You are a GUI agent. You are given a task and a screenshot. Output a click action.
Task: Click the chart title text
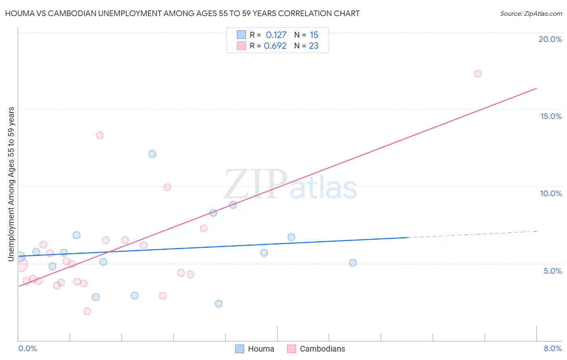tap(182, 13)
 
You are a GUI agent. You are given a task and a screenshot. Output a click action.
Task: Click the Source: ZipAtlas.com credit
tap(531, 13)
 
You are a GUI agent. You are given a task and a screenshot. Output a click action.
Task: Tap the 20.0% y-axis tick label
tap(550, 39)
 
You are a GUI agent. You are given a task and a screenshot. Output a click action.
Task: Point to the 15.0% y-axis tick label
tap(551, 116)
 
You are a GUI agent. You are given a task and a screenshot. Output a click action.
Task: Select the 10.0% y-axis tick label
tap(551, 193)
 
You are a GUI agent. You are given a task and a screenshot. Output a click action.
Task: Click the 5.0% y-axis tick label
tap(552, 271)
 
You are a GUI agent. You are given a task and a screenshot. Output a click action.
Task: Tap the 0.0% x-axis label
tap(27, 348)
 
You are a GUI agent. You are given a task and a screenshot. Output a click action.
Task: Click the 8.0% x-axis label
tap(552, 348)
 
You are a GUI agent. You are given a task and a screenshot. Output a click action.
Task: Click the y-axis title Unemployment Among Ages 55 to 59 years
tap(11, 184)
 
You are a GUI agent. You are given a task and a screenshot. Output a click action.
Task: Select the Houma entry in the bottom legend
tap(261, 349)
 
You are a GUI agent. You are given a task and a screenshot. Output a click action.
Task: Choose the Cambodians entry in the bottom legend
tap(322, 349)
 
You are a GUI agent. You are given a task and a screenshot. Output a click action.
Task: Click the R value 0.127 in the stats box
tap(276, 35)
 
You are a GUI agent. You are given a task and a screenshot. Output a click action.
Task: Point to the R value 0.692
tap(275, 46)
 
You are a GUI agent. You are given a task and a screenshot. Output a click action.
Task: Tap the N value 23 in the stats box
tap(313, 46)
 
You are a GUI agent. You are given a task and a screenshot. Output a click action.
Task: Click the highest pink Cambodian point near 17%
tap(478, 73)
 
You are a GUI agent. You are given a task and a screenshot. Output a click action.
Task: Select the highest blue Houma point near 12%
tap(152, 154)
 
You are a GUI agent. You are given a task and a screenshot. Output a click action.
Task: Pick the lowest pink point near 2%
tap(87, 311)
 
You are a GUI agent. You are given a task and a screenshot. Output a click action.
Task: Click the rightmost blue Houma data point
tap(353, 263)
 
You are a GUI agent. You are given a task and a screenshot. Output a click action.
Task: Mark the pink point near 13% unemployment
tap(100, 135)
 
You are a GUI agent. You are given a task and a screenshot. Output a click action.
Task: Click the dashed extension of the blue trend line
tap(472, 234)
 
